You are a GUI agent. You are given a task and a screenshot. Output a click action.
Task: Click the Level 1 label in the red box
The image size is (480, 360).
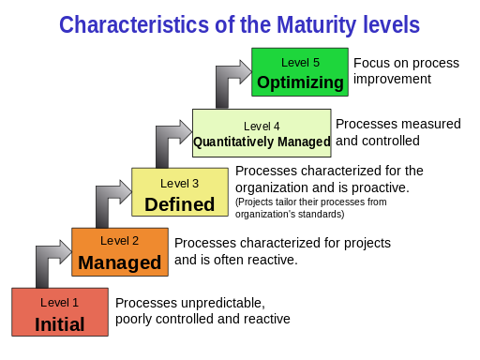pos(60,302)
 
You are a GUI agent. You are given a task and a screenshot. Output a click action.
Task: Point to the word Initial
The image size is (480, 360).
pos(60,324)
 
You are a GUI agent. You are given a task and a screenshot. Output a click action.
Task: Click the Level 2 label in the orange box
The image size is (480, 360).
pos(120,241)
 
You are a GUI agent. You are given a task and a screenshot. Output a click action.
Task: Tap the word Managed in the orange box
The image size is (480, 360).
pos(120,262)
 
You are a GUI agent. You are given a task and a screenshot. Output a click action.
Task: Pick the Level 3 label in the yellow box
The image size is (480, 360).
pos(180,183)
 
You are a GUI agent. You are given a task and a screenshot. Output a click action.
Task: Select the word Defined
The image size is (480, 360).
pos(180,204)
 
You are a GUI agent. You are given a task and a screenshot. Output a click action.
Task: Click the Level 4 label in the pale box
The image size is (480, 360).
pos(262,126)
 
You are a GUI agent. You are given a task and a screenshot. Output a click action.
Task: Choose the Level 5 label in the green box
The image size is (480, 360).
pos(300,63)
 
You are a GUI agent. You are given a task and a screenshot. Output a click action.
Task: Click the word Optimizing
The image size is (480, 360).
pos(300,82)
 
